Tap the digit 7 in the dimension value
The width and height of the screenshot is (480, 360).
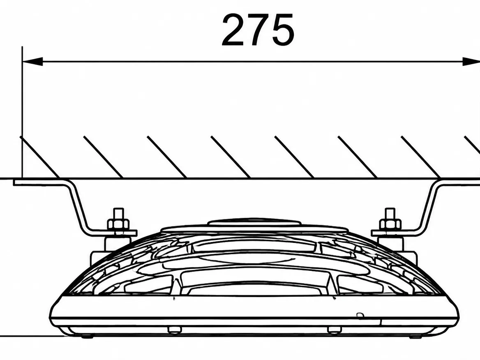258,30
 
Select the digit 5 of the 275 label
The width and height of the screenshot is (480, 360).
283,30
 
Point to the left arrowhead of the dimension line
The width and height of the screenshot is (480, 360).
32,61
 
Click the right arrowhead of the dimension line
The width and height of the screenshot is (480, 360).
471,61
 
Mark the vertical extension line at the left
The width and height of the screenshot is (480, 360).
22,112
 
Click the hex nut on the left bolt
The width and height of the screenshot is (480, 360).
118,224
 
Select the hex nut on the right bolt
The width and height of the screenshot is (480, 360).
390,224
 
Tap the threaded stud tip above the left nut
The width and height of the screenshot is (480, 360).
118,213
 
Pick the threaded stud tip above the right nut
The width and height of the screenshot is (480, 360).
390,213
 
